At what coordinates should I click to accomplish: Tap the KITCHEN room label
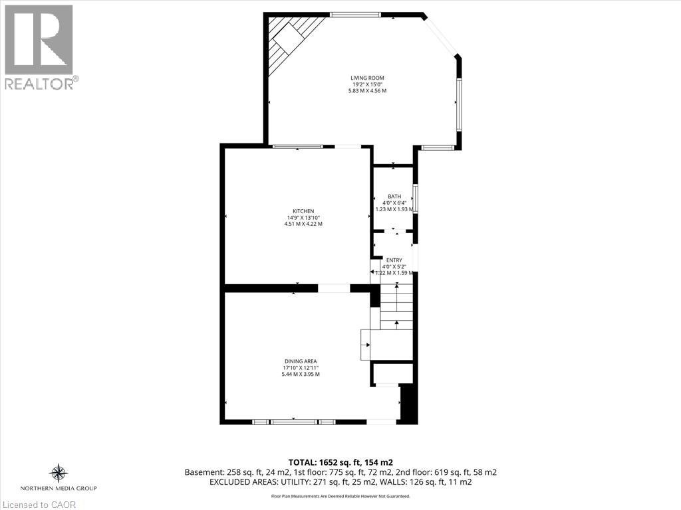pyautogui.click(x=303, y=211)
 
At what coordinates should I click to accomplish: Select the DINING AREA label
pyautogui.click(x=301, y=361)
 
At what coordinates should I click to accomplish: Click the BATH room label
pyautogui.click(x=394, y=197)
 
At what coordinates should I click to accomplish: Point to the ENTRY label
pyautogui.click(x=394, y=260)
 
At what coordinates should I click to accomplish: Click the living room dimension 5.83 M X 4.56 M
pyautogui.click(x=367, y=91)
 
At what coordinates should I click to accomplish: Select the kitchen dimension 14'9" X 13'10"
pyautogui.click(x=303, y=218)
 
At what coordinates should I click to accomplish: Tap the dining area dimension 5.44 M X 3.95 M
pyautogui.click(x=301, y=374)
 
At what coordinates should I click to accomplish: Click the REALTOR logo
pyautogui.click(x=39, y=46)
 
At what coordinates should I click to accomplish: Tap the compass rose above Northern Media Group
pyautogui.click(x=59, y=473)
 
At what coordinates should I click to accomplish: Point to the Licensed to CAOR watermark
pyautogui.click(x=39, y=504)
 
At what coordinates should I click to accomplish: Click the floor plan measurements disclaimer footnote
pyautogui.click(x=340, y=496)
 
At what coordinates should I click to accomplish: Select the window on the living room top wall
pyautogui.click(x=355, y=15)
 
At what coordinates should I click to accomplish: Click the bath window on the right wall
pyautogui.click(x=415, y=199)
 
